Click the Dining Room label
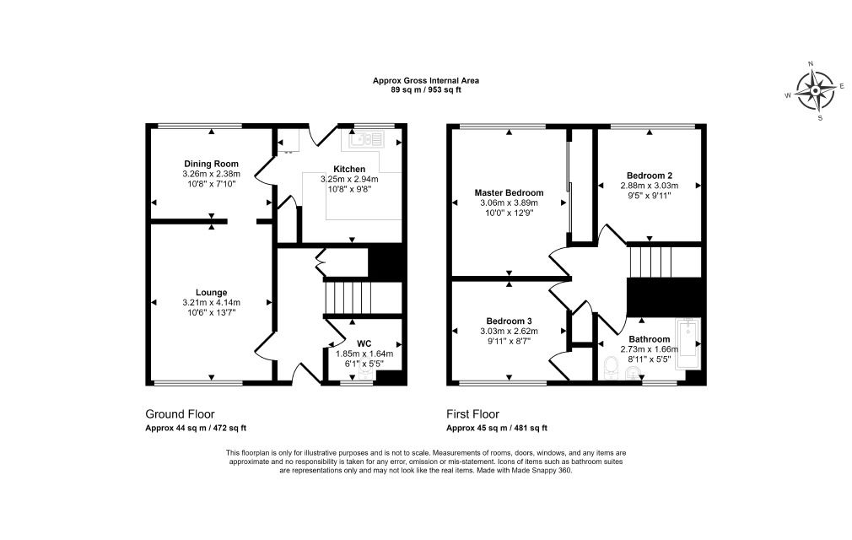211,164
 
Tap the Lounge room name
212,293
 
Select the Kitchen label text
349,170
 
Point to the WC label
364,344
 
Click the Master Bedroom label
510,193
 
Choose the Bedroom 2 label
650,175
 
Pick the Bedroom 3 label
510,321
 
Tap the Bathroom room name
650,339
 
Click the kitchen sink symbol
367,139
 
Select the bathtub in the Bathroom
688,344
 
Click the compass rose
816,90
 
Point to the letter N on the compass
812,63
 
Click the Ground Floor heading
180,414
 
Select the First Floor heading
472,414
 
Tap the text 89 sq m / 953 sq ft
426,90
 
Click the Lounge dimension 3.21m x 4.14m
212,303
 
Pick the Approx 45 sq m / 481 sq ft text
497,428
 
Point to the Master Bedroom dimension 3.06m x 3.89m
510,202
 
